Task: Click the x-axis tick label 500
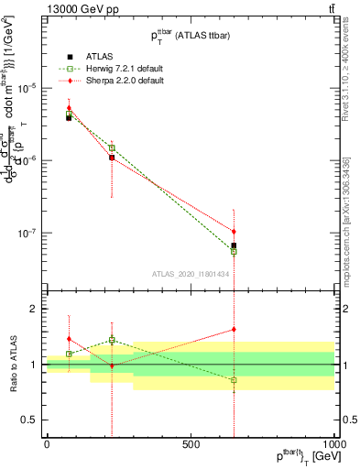(191, 443)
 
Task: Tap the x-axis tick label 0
(47, 443)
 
